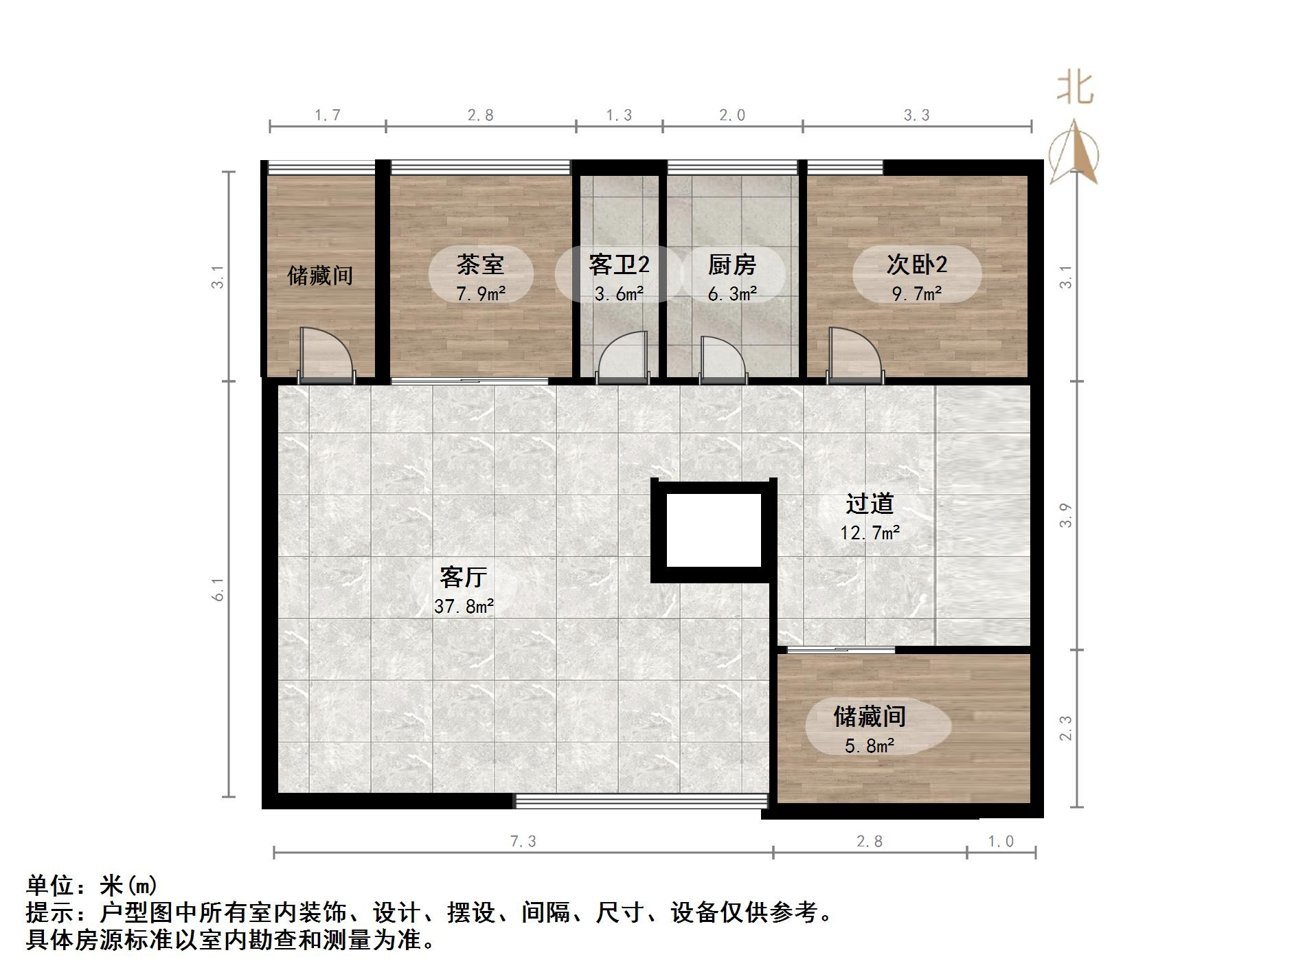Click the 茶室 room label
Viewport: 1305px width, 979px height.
tap(480, 265)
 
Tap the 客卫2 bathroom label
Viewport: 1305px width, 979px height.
tap(618, 265)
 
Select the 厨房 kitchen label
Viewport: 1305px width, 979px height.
tap(732, 265)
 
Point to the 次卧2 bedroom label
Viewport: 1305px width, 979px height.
tap(916, 265)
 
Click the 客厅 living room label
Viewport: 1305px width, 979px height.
tap(464, 576)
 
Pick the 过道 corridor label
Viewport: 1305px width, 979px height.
tap(870, 504)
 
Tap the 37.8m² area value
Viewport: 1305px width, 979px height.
tap(464, 606)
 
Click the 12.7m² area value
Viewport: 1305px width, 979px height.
tap(870, 532)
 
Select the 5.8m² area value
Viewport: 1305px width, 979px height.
tap(870, 745)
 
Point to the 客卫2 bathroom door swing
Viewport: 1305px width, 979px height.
tap(622, 357)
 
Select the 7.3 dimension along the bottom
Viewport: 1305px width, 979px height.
tap(523, 841)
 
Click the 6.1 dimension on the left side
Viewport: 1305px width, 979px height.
tap(218, 589)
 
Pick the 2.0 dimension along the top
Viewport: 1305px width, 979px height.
tap(732, 115)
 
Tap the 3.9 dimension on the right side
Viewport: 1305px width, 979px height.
tap(1065, 515)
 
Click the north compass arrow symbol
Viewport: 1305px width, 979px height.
tap(1075, 153)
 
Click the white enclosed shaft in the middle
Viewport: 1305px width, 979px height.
tap(714, 530)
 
